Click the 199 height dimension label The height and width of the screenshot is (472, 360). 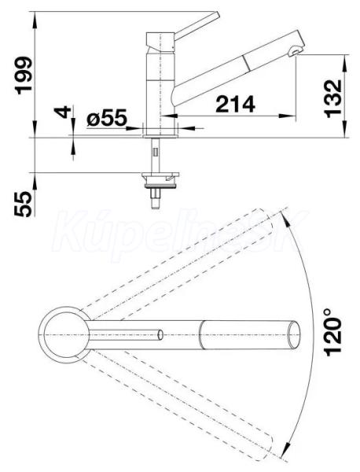pyautogui.click(x=24, y=76)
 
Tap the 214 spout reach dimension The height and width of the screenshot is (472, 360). pyautogui.click(x=235, y=104)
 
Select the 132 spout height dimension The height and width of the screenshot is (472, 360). pyautogui.click(x=333, y=98)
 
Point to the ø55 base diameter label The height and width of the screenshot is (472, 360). pyautogui.click(x=106, y=118)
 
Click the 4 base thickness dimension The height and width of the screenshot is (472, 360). pyautogui.click(x=63, y=112)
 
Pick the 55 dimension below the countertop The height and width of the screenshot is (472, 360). pyautogui.click(x=23, y=204)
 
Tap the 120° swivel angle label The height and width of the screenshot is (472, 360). pyautogui.click(x=333, y=332)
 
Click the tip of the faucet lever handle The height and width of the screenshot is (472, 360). pyautogui.click(x=217, y=15)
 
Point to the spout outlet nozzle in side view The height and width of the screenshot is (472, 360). pyautogui.click(x=295, y=52)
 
